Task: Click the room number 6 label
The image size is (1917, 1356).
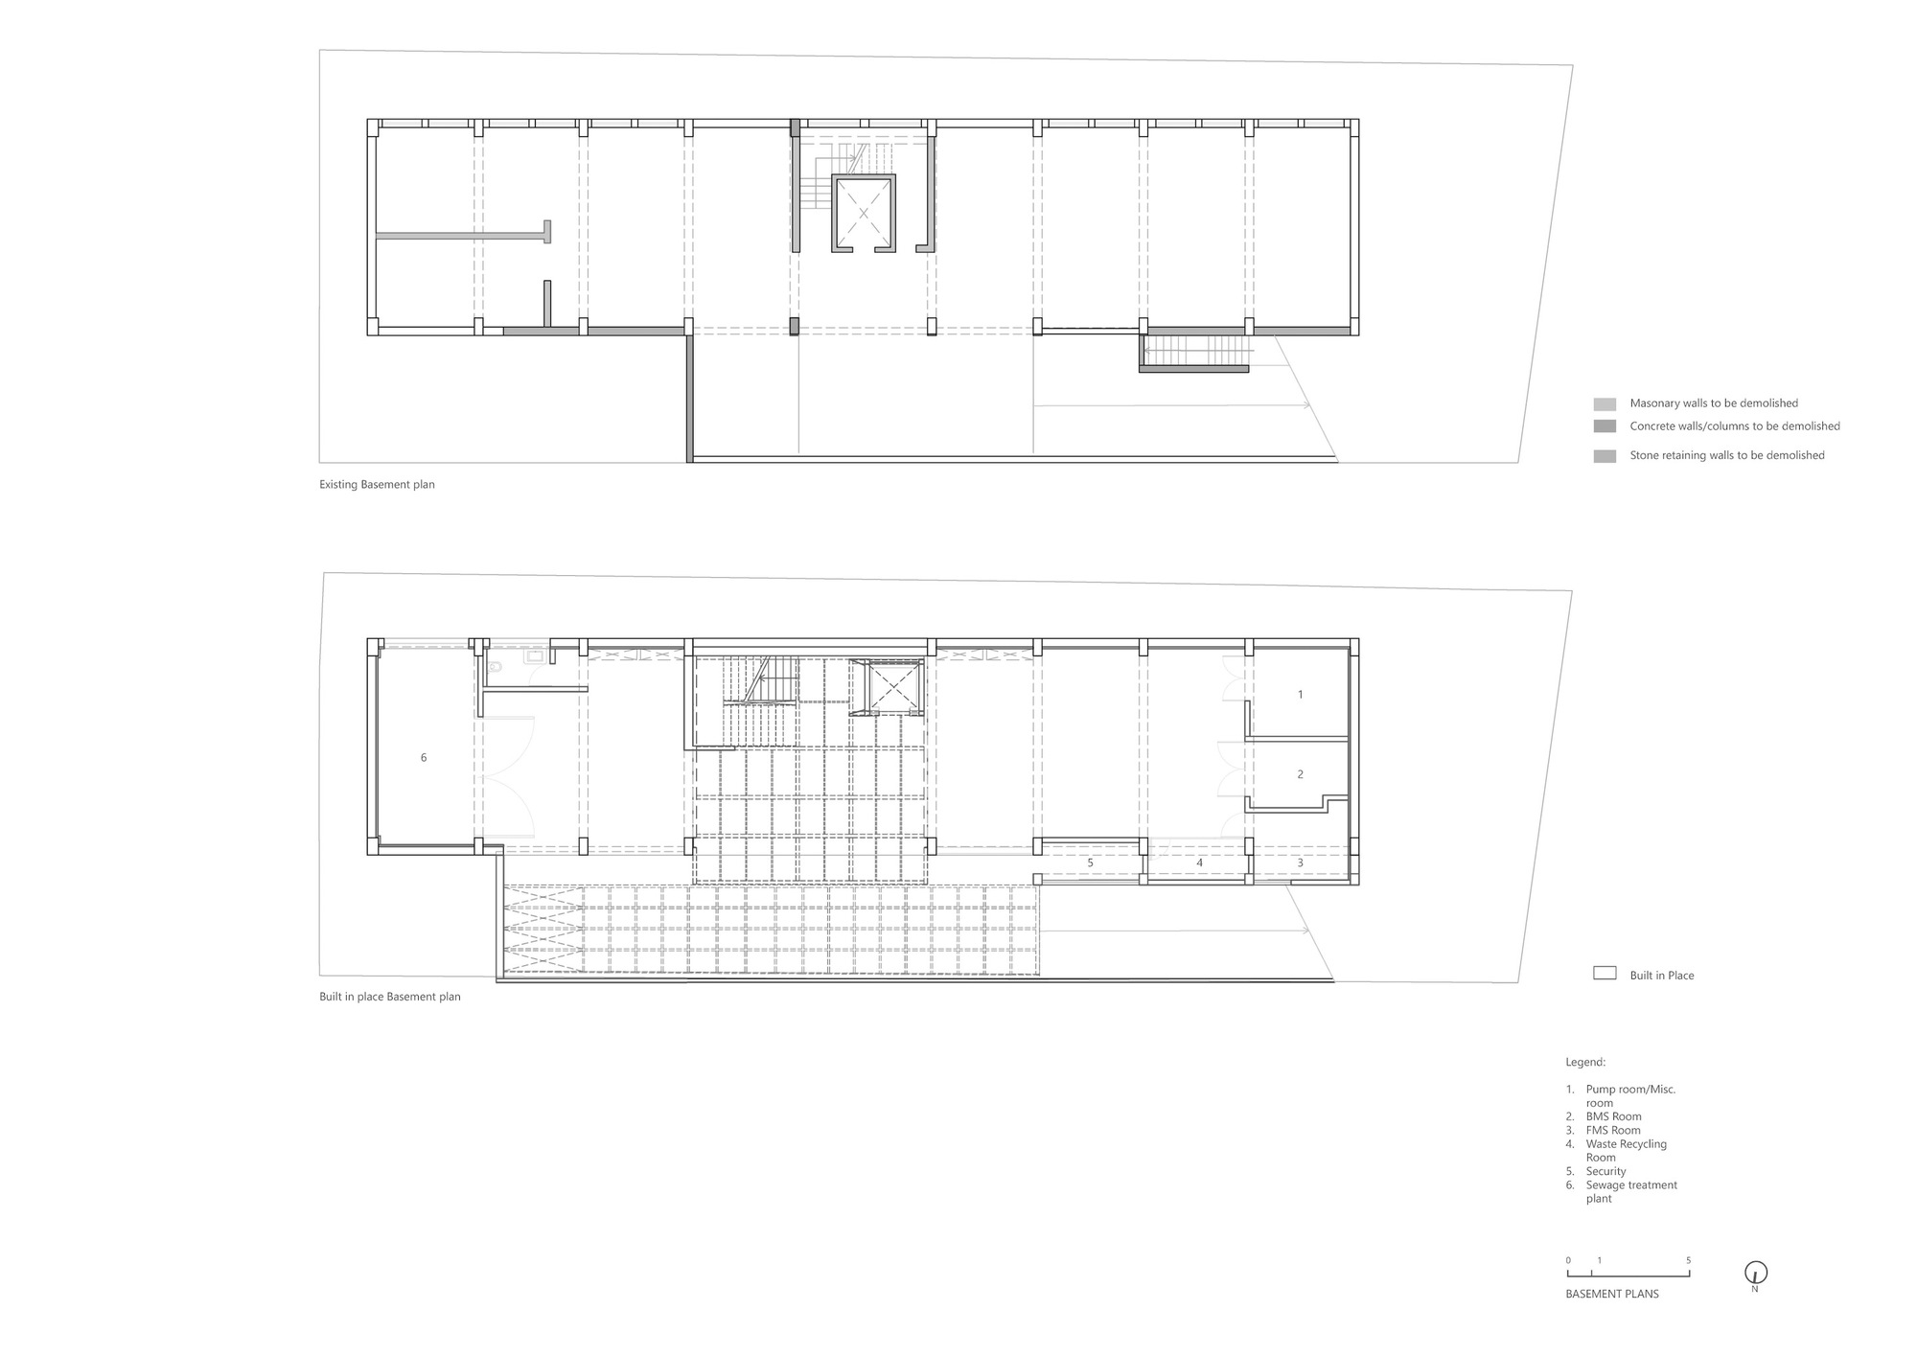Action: click(x=424, y=758)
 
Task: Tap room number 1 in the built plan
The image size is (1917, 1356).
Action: click(x=1300, y=695)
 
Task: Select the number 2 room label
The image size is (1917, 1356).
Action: click(x=1300, y=774)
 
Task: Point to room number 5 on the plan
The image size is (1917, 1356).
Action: click(x=1090, y=863)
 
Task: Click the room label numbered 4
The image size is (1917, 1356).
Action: click(x=1199, y=863)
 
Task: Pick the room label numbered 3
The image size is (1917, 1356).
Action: click(x=1300, y=863)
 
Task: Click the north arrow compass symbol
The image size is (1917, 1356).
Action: click(x=1755, y=1274)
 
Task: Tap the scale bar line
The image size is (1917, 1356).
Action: click(x=1628, y=1276)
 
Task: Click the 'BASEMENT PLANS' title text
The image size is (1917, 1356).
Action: click(x=1611, y=1294)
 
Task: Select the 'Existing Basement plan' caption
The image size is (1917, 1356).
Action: click(x=377, y=485)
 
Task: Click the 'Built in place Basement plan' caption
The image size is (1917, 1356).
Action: click(x=389, y=997)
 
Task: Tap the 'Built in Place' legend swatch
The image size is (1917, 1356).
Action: click(x=1605, y=974)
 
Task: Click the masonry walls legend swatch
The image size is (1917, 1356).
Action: click(x=1605, y=404)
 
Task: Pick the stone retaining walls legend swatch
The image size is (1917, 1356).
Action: click(x=1605, y=456)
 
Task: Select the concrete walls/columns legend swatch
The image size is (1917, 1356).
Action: click(x=1605, y=426)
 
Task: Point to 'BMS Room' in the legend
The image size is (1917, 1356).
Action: click(x=1613, y=1116)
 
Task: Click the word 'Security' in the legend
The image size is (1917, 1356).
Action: click(x=1605, y=1171)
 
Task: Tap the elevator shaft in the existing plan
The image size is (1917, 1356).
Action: click(x=863, y=213)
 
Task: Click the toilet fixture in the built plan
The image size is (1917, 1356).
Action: click(x=494, y=666)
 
